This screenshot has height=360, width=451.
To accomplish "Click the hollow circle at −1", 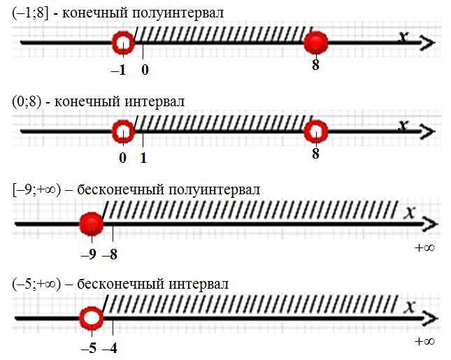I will [122, 43].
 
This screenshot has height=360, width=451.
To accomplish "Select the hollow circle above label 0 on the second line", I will [122, 131].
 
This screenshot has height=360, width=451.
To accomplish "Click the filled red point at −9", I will [91, 224].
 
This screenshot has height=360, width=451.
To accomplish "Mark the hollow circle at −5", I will [91, 319].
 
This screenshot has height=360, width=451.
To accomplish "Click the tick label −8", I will [110, 255].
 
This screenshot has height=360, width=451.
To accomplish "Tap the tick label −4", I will [110, 347].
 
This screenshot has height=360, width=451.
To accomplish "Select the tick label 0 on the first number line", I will [145, 70].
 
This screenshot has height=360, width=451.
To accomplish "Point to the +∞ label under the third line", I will [424, 247].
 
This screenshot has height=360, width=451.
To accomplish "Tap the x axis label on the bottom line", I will [410, 305].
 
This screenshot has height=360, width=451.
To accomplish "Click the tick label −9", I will [88, 255].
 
